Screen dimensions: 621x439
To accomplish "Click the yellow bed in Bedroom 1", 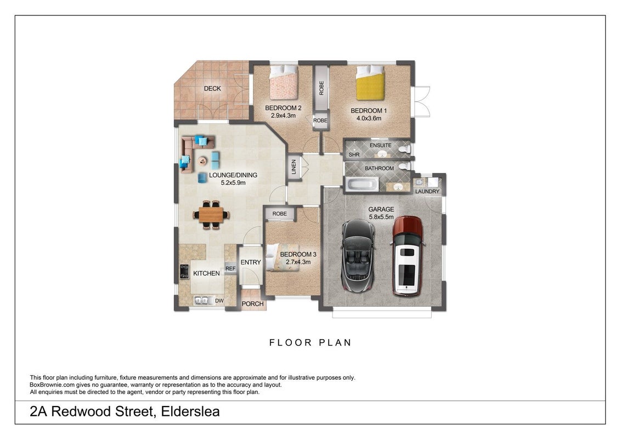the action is pos(370,83).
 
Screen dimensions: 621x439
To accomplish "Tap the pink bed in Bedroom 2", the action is pos(284,82).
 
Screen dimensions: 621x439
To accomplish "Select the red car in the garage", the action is pos(408,256).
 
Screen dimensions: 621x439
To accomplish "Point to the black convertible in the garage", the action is pos(358,256).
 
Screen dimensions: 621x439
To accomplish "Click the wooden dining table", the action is pos(211,215).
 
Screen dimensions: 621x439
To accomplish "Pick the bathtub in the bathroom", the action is pos(362,184).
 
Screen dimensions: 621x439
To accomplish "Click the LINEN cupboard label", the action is pos(293,166).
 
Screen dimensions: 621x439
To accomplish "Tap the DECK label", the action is pos(212,88).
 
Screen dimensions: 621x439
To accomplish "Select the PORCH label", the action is pos(252,304).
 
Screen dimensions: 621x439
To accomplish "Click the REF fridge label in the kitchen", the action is pos(230,268).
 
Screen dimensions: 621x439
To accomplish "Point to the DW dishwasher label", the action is pos(219,301).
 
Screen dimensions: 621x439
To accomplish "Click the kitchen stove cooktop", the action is pos(184,272).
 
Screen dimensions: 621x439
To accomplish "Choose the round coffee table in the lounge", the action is pos(202,161).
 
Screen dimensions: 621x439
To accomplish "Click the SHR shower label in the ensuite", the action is pos(354,155).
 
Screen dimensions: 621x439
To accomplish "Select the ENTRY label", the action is pos(251,262).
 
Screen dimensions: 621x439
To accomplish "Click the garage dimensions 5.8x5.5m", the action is pos(381,217).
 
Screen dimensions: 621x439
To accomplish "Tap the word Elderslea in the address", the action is pos(190,411).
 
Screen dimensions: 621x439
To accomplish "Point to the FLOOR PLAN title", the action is pos(310,342).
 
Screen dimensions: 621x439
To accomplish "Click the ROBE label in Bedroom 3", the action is pos(280,213).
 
